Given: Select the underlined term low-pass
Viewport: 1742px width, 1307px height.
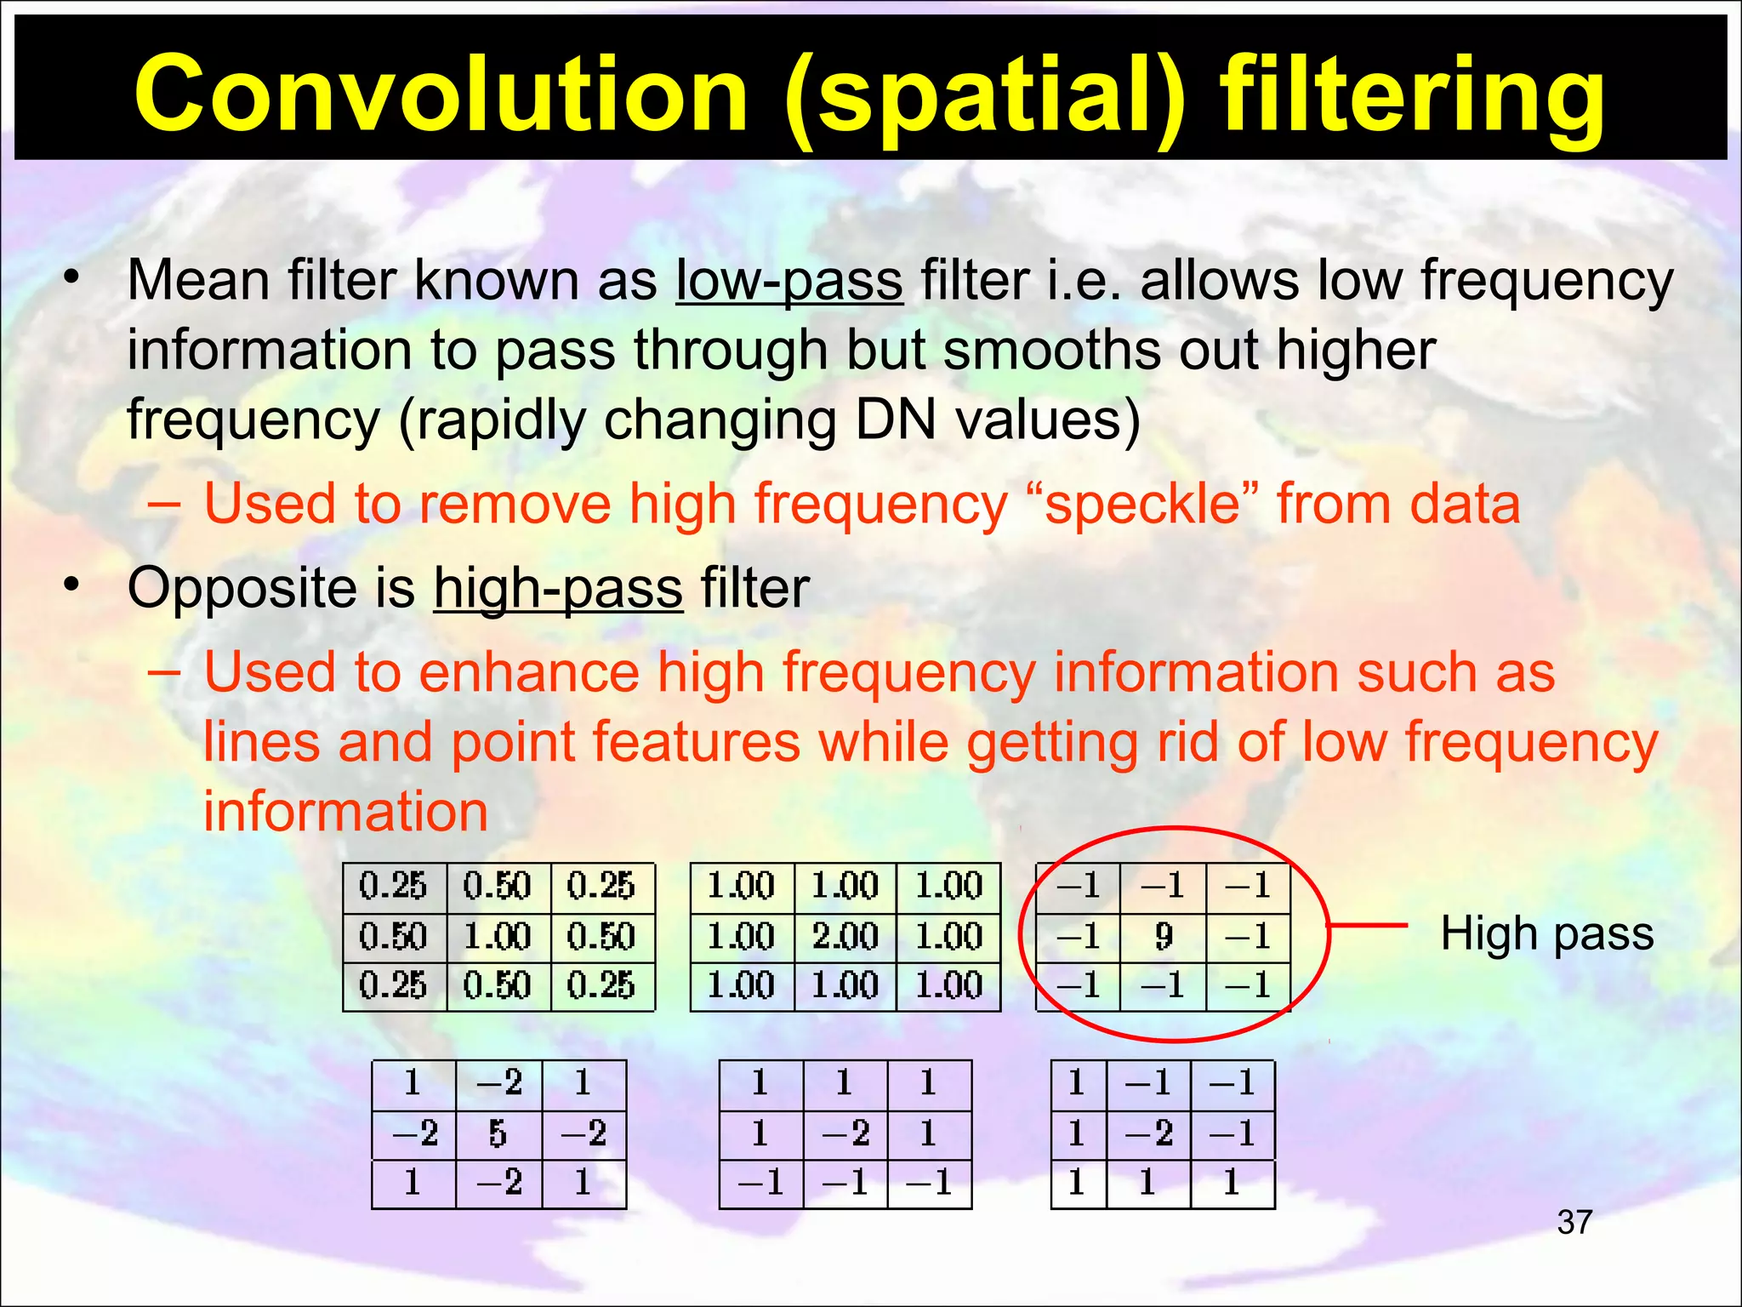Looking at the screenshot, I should coord(789,281).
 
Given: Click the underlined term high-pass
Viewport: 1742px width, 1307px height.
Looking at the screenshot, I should coord(558,589).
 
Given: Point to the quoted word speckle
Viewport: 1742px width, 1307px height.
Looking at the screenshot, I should coord(1144,504).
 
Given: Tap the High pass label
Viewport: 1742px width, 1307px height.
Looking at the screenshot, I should coord(1546,933).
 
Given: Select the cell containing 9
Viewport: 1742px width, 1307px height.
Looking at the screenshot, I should coord(1163,937).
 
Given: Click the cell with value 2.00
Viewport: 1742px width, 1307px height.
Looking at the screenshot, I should coord(845,937).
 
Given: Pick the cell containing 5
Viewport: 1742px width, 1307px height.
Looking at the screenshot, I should coord(498,1134).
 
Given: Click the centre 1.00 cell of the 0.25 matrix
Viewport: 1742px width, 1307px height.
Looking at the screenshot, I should coord(498,937).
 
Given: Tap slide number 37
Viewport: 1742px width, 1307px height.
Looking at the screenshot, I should coord(1574,1223).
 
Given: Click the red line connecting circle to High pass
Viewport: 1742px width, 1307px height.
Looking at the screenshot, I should coord(1368,925).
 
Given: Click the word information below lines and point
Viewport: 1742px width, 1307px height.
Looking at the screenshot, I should coord(345,812).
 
